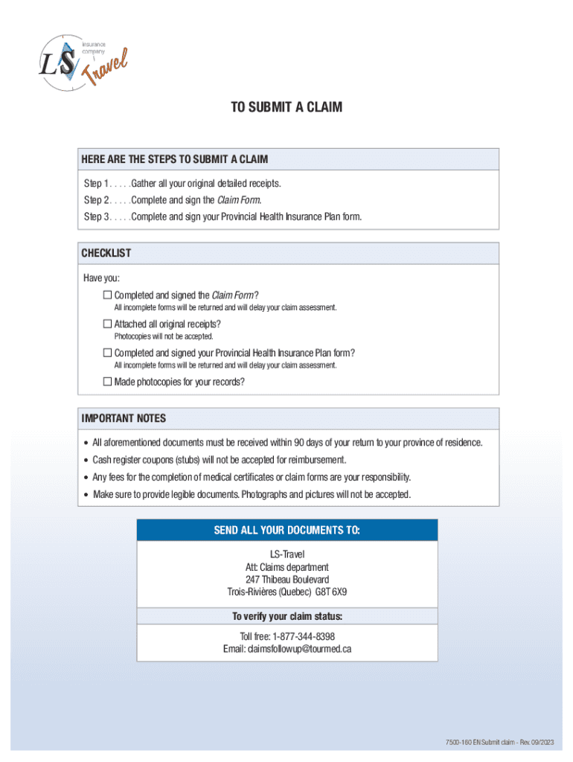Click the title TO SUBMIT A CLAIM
click(x=286, y=107)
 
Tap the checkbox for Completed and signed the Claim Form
click(x=107, y=295)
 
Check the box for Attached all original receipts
click(x=107, y=324)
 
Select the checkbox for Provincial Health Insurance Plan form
click(x=107, y=353)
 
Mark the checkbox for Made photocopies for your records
click(x=107, y=382)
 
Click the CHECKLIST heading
click(x=106, y=253)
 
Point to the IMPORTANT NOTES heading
click(x=124, y=418)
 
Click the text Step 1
click(x=97, y=183)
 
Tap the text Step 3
click(x=97, y=217)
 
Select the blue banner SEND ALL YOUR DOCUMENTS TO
click(x=287, y=530)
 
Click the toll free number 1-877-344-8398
click(x=303, y=636)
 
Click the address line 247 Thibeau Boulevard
click(x=287, y=580)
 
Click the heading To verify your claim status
click(x=287, y=616)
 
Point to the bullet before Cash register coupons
click(x=86, y=460)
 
